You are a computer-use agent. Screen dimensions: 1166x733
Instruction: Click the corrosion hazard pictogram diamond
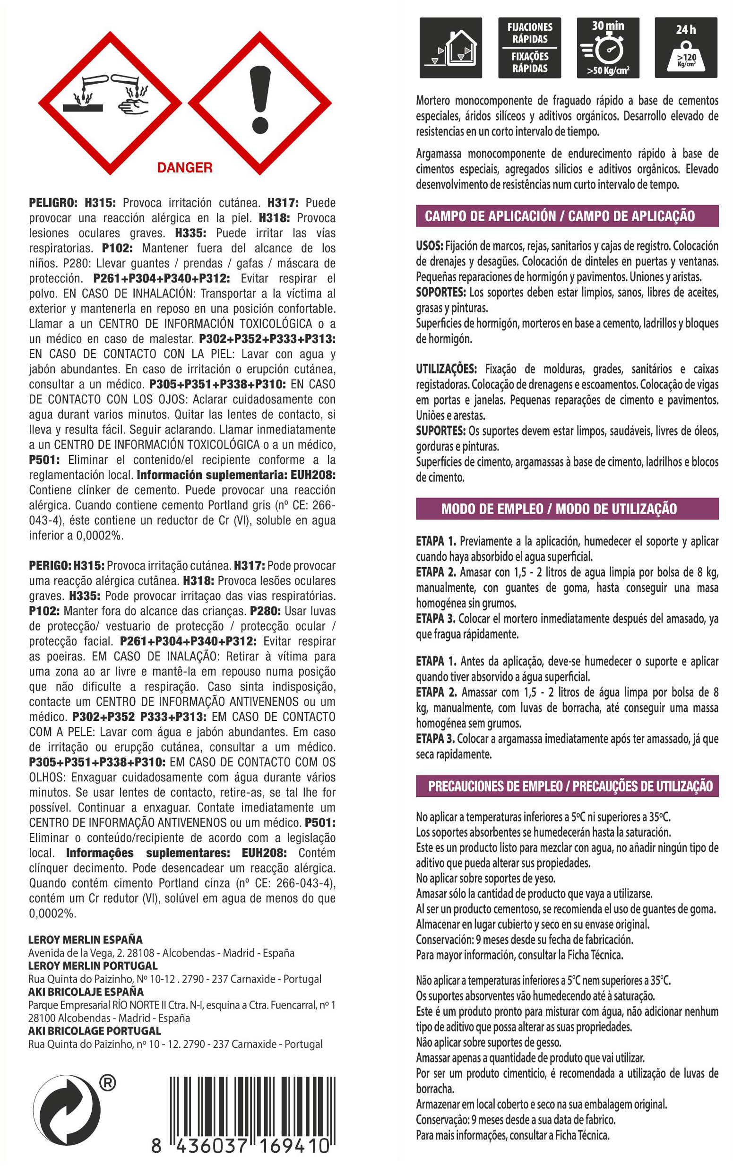pos(110,103)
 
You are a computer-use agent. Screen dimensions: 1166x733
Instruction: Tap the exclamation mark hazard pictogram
pos(259,103)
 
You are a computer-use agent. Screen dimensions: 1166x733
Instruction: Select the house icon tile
pos(450,47)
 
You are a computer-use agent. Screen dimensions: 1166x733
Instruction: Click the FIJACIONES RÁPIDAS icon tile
pos(529,47)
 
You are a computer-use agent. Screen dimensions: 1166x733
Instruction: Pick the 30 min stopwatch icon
pos(608,47)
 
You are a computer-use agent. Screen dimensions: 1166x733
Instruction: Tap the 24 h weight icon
pos(686,47)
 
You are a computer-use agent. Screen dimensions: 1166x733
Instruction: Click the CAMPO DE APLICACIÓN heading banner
pos(567,216)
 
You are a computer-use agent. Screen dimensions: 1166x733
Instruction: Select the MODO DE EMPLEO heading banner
pos(567,509)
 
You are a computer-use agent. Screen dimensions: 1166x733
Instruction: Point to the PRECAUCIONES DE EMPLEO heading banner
pos(567,786)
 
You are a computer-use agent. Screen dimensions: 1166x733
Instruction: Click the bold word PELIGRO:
pos(53,203)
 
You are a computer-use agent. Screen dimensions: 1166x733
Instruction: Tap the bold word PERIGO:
pos(50,566)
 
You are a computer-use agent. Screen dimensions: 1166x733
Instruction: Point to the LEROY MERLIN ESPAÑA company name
pos(85,940)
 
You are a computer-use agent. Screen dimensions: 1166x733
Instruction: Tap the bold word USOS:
pos(429,246)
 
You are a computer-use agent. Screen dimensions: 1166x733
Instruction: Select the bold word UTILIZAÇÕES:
pos(447,369)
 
